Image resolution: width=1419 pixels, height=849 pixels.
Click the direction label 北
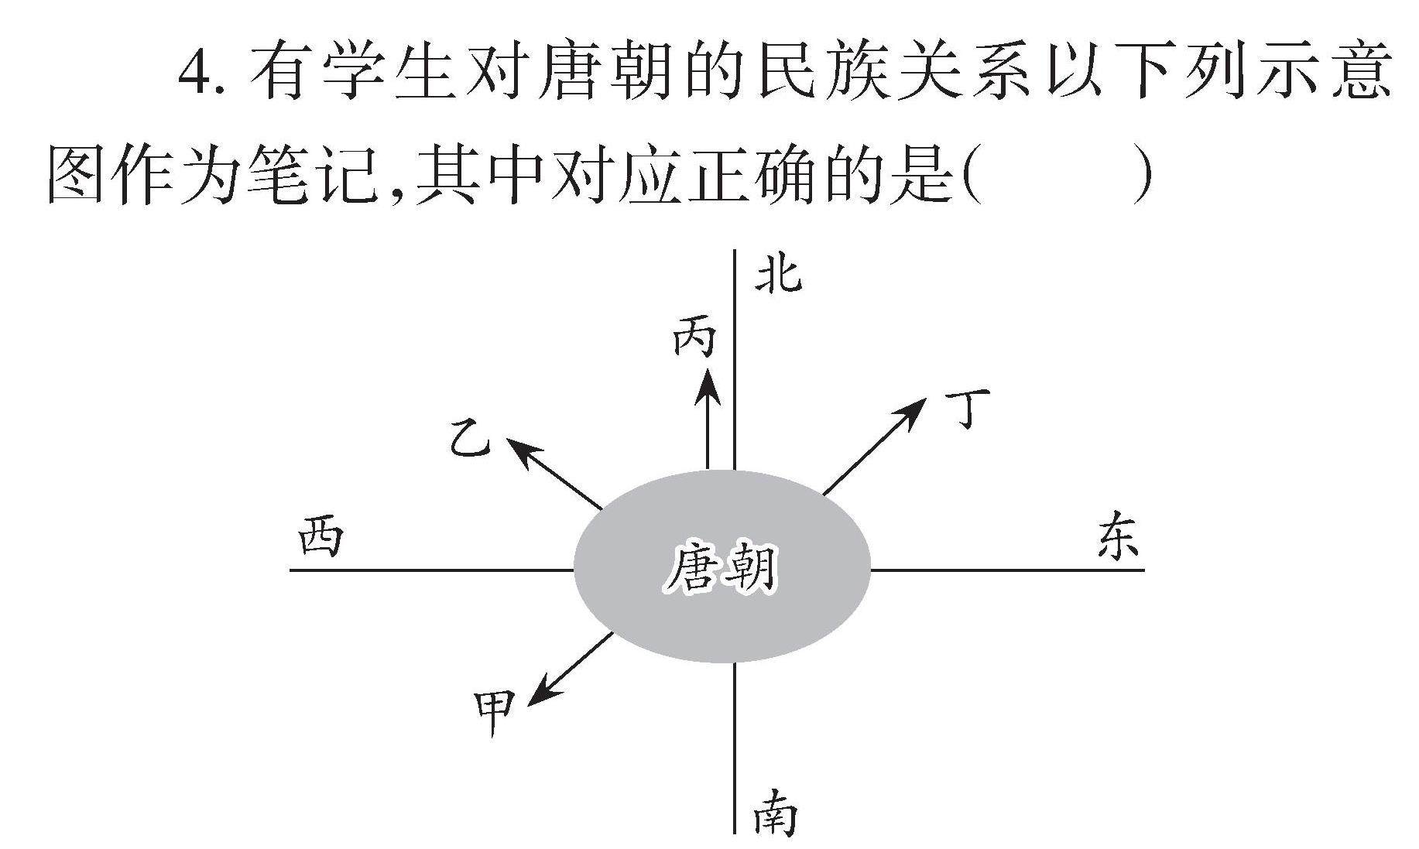[779, 276]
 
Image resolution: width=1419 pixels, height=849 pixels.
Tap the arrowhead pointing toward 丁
[913, 409]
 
